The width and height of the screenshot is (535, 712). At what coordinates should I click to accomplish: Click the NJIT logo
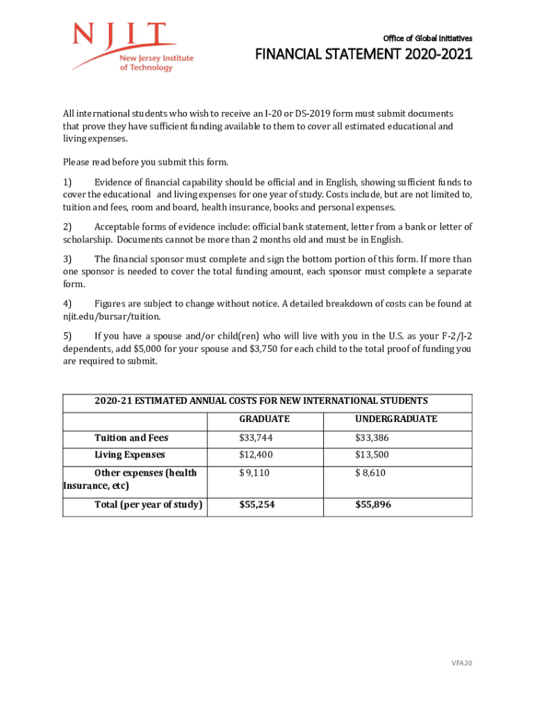[132, 47]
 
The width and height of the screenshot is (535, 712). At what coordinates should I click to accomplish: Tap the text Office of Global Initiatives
[427, 38]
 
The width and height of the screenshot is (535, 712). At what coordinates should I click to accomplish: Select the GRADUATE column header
[264, 419]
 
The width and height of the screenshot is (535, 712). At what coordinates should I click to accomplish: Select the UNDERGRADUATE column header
[396, 419]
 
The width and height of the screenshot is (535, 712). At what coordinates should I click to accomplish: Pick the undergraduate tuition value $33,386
[372, 437]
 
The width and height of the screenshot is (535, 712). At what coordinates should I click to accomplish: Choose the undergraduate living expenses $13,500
[372, 455]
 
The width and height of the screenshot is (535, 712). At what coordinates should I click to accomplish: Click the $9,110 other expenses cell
[254, 473]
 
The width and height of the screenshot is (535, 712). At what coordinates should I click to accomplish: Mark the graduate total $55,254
[256, 505]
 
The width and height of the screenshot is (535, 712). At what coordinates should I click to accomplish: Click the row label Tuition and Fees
[131, 437]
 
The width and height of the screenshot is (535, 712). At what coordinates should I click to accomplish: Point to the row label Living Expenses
[130, 455]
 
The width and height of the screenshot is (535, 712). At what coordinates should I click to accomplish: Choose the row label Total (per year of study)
[148, 505]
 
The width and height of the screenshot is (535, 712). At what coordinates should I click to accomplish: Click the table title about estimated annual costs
[261, 400]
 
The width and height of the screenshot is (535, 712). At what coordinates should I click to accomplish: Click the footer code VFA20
[461, 663]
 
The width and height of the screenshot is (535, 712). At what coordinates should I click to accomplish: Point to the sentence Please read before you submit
[145, 163]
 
